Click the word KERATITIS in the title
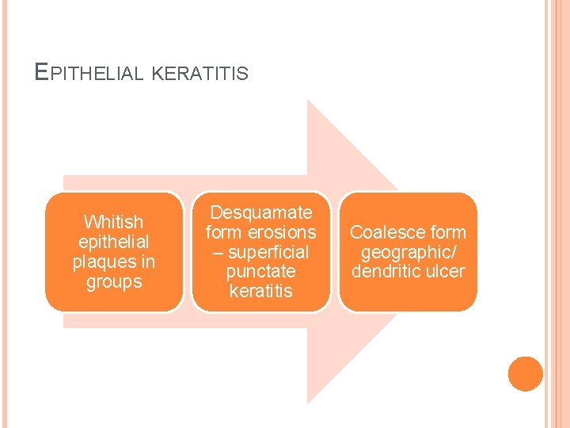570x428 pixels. tap(199, 75)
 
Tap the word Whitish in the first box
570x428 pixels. tap(114, 222)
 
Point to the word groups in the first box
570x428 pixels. tap(114, 281)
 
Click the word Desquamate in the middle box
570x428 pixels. tap(260, 212)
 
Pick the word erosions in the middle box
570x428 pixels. tap(281, 232)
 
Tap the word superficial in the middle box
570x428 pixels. tap(268, 252)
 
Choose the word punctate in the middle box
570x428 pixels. tap(260, 272)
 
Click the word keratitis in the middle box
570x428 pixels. tap(260, 292)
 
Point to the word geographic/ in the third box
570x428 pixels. tap(408, 252)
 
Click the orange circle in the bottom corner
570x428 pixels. tap(526, 374)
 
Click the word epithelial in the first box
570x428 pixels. tap(114, 242)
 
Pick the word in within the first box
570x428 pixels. tap(146, 262)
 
